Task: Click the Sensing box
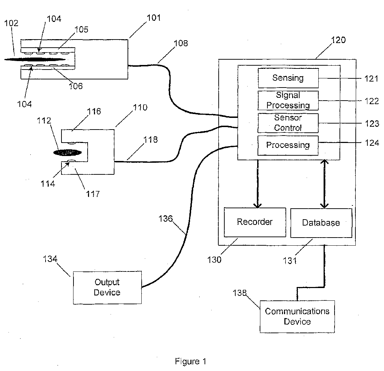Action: [x=288, y=78]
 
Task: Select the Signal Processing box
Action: [x=288, y=100]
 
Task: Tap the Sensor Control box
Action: [x=288, y=123]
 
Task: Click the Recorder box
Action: [x=255, y=222]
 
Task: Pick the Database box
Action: [x=321, y=223]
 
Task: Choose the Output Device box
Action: [x=107, y=288]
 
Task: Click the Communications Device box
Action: [x=297, y=317]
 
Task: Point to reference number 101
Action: [x=154, y=18]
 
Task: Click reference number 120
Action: [x=338, y=40]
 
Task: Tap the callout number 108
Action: [x=181, y=43]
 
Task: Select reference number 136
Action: [x=166, y=219]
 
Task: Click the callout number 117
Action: [x=93, y=194]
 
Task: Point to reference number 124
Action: [x=372, y=143]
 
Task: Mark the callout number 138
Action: [x=240, y=293]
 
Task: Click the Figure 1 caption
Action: [x=190, y=361]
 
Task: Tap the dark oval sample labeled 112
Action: [x=67, y=153]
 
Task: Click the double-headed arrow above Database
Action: [x=325, y=184]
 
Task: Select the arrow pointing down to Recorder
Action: [x=258, y=184]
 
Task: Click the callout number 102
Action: [x=11, y=23]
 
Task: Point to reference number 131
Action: [x=290, y=261]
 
